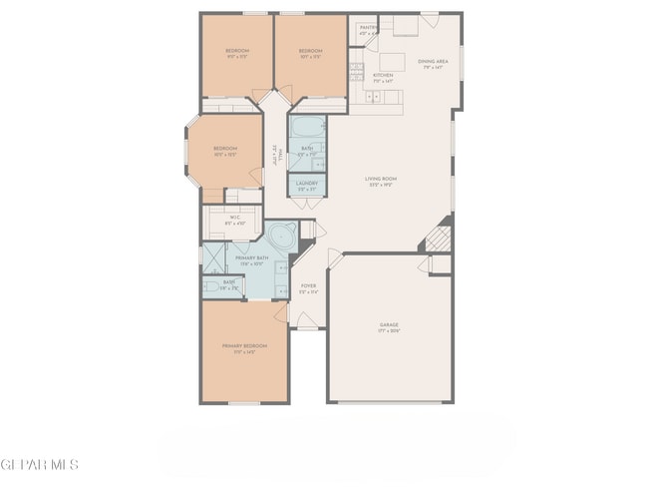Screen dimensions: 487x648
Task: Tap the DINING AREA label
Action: [434, 63]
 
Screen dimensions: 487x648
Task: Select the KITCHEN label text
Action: [383, 76]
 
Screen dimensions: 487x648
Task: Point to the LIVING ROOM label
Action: [382, 181]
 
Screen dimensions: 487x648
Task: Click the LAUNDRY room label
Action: [306, 186]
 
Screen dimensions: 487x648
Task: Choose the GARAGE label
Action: [389, 326]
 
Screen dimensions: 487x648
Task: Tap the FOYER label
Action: [309, 287]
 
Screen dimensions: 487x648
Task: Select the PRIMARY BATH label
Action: [246, 260]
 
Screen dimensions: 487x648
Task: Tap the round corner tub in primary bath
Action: [282, 239]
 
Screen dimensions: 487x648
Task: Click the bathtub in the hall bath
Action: [306, 129]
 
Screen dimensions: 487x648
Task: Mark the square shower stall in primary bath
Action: [215, 258]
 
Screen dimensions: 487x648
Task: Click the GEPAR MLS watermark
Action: [39, 465]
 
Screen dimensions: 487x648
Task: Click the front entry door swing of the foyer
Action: [307, 319]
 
